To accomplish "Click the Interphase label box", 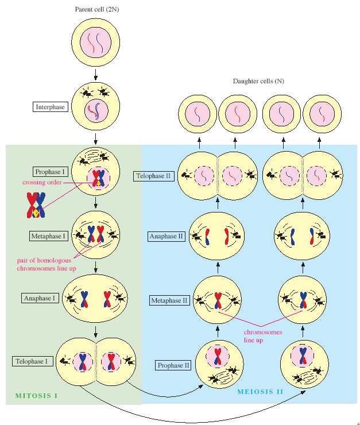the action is coord(51,107).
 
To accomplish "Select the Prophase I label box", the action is coord(50,172).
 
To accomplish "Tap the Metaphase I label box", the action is coord(48,236).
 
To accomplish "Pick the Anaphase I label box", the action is coord(40,298).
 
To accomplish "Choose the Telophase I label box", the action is coord(33,361).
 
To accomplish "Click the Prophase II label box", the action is coord(173,365).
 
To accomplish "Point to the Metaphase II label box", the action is coord(169,300).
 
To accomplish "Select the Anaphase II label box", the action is coord(167,237).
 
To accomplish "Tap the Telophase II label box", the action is coord(153,176).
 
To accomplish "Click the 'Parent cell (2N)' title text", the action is coord(97,9).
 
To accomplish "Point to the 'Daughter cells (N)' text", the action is coord(258,81).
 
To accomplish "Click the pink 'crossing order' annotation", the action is coord(42,182).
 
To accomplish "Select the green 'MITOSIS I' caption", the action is coord(36,396).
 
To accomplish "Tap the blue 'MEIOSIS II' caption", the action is coord(260,392).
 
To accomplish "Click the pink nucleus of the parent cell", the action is coord(96,42).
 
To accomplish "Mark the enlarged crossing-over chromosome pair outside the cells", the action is coord(36,205).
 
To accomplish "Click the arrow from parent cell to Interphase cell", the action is coord(96,75).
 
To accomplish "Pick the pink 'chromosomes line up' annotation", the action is coord(263,336).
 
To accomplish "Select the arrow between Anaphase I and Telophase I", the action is coord(96,331).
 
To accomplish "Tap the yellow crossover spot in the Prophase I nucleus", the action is coord(99,184).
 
